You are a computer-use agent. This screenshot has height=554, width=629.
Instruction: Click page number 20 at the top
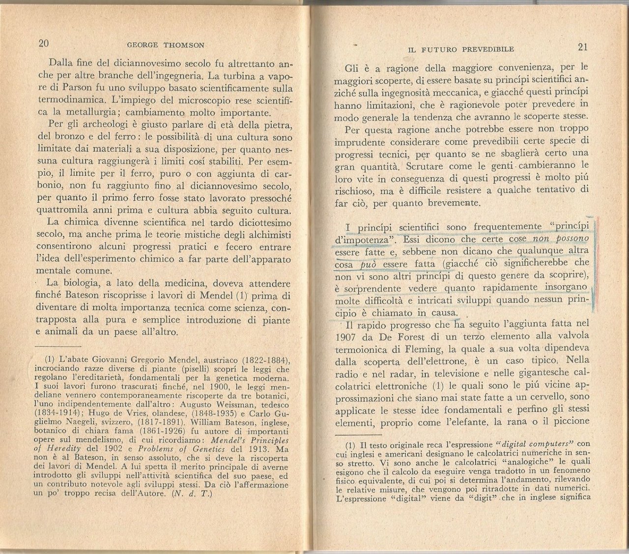[44, 43]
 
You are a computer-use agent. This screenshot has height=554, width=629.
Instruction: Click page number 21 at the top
[583, 47]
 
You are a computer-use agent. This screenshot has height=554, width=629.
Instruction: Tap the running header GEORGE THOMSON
[165, 45]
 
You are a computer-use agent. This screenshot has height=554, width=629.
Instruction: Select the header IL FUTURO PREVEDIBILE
[461, 49]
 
